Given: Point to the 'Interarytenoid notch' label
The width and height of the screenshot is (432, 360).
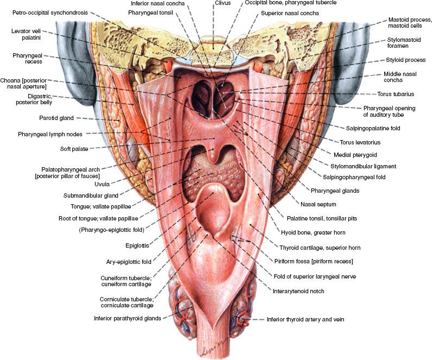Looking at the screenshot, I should pyautogui.click(x=298, y=291).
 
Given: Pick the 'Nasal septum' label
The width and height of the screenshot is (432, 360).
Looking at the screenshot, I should pyautogui.click(x=317, y=205).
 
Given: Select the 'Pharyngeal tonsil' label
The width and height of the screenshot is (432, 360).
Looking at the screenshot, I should pyautogui.click(x=151, y=11).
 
